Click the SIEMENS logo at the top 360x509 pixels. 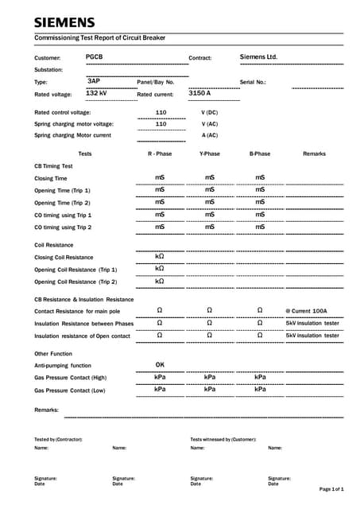tap(64, 22)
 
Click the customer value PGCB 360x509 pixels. tap(94, 57)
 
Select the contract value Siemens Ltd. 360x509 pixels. tap(258, 57)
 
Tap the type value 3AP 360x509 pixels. tap(94, 81)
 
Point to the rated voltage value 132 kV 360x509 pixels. tap(96, 93)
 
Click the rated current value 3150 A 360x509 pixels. tap(199, 93)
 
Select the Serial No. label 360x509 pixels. tap(253, 82)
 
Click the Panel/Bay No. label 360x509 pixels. tap(155, 82)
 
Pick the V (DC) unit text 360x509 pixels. tap(209, 113)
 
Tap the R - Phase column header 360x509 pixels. tap(160, 153)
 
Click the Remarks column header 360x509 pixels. tap(314, 153)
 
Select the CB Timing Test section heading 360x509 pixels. tap(53, 166)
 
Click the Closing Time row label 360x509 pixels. tap(50, 179)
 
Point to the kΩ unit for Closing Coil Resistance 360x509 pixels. tap(160, 256)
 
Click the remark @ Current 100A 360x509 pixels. tap(306, 311)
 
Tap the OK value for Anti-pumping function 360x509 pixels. tap(160, 364)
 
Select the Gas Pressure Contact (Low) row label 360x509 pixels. tap(70, 390)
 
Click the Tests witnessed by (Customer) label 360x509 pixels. tap(223, 439)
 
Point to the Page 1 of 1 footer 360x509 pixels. tap(331, 488)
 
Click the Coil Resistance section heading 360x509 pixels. tap(53, 245)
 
